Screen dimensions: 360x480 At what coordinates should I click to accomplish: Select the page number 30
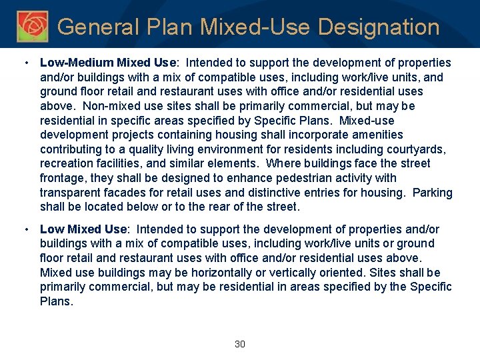pos(240,344)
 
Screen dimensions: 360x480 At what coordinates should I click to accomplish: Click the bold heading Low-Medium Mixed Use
pos(108,63)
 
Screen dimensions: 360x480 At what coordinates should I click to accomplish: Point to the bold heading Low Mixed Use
pos(83,229)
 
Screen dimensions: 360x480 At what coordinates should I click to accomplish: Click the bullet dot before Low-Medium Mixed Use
pos(25,63)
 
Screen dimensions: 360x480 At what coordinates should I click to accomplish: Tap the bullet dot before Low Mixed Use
pos(25,229)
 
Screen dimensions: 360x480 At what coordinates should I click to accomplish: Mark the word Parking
pos(433,193)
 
